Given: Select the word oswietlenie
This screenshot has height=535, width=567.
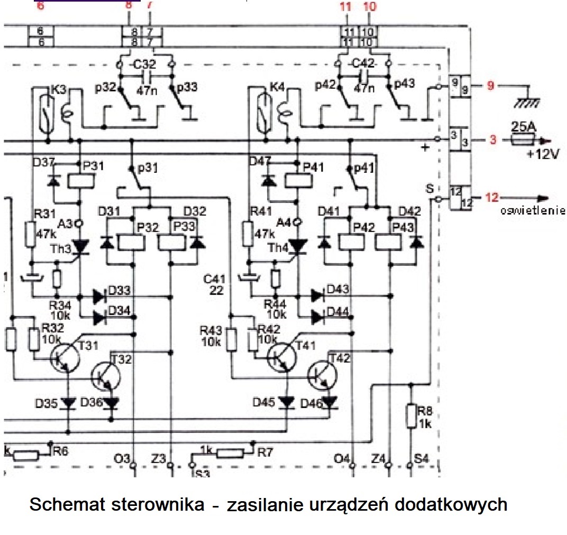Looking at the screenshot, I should click(533, 210).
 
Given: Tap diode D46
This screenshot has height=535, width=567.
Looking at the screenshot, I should click(330, 404).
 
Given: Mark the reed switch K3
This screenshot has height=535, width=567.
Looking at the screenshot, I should click(48, 113).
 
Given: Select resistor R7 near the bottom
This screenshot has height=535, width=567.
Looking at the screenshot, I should click(228, 454).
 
